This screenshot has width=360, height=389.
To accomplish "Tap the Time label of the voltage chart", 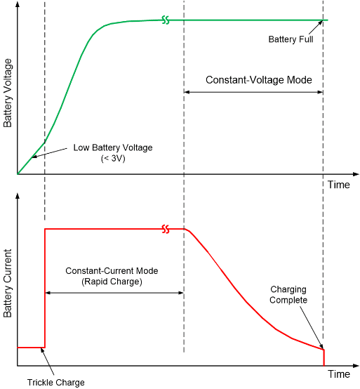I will pyautogui.click(x=338, y=185).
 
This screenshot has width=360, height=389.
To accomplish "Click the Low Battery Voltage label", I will pyautogui.click(x=112, y=149).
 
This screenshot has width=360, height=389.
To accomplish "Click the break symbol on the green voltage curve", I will pyautogui.click(x=166, y=20).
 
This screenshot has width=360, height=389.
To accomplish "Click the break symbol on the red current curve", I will pyautogui.click(x=166, y=229).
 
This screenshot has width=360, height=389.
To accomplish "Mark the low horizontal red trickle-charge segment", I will pyautogui.click(x=31, y=347).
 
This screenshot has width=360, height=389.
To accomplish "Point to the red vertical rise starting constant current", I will pyautogui.click(x=45, y=288).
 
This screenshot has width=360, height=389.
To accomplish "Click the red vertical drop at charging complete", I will pyautogui.click(x=324, y=357).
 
